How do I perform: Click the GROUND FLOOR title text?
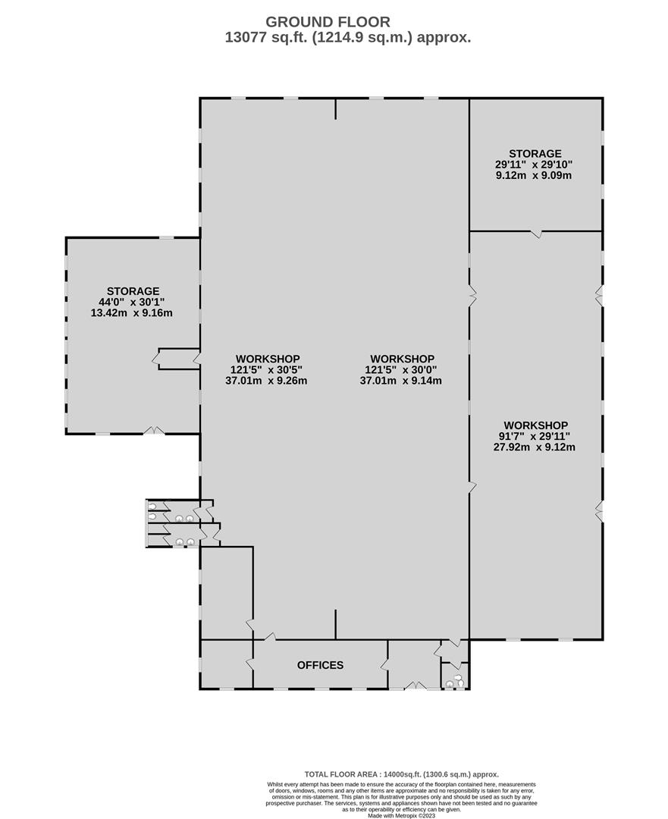[x=328, y=22]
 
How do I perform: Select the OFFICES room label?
[x=320, y=665]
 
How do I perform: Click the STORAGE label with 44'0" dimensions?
[x=133, y=291]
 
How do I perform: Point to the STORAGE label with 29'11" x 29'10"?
[x=535, y=153]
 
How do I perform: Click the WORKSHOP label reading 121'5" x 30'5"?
[x=268, y=359]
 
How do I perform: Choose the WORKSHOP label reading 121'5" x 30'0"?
[x=402, y=359]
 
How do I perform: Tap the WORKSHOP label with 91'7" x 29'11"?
[x=536, y=425]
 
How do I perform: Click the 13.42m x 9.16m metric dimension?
[x=132, y=313]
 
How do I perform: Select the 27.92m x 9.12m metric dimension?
[x=535, y=447]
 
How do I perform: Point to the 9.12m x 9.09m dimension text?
[x=534, y=175]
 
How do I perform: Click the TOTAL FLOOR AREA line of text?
[x=402, y=774]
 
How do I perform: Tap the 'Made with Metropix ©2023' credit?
[x=402, y=815]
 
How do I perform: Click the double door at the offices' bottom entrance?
[x=416, y=686]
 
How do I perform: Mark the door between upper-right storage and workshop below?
[x=536, y=234]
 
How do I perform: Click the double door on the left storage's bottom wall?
[x=154, y=431]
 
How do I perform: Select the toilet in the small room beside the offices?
[x=459, y=679]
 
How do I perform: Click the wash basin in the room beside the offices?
[x=449, y=684]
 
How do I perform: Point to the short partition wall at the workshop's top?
[x=335, y=109]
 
